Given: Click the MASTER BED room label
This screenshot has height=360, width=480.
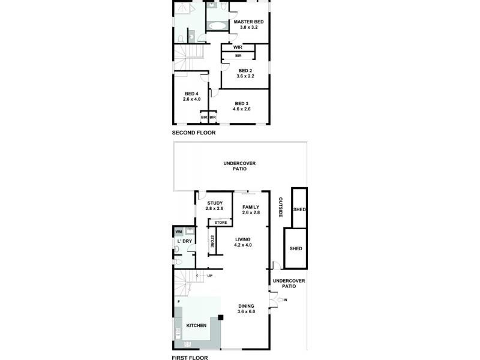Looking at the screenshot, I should (x=248, y=21).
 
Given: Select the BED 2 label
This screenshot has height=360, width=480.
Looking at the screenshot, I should (x=245, y=70).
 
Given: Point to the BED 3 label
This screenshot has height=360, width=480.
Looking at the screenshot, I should (x=242, y=103).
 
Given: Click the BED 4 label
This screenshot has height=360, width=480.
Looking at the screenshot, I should (x=191, y=94).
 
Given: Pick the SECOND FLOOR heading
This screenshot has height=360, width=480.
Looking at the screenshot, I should (x=194, y=133).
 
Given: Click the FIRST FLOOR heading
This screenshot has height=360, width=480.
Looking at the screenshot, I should (x=190, y=356).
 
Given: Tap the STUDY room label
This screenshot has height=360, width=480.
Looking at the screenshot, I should (x=214, y=203).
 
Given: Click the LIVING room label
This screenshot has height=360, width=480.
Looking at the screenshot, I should (x=242, y=239).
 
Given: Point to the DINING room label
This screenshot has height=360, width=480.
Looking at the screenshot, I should (x=246, y=306).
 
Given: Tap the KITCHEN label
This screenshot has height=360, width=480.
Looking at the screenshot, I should (x=196, y=325).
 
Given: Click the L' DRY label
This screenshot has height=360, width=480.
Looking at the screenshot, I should (x=184, y=241).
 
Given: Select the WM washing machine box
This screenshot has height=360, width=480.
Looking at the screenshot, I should (x=179, y=232).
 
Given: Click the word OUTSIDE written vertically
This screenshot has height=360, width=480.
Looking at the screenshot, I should (x=280, y=208).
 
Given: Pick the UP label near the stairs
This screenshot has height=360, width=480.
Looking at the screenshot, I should (x=210, y=276).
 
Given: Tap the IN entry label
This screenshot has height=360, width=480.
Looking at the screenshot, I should (x=286, y=299).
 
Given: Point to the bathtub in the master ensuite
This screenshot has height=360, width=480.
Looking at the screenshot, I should (x=217, y=26).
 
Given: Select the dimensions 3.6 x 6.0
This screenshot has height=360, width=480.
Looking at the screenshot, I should (x=246, y=311).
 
